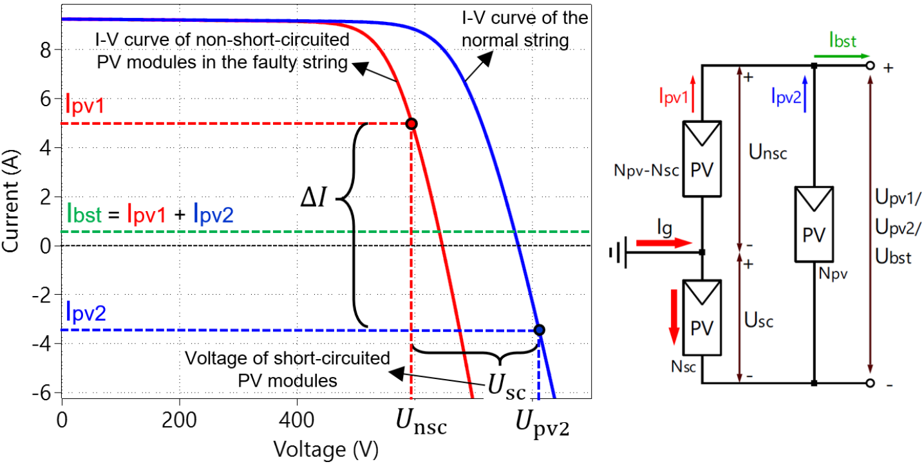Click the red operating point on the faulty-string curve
[x=412, y=124]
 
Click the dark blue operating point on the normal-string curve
[x=540, y=330]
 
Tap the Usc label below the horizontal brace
[x=507, y=387]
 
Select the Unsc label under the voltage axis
[x=421, y=425]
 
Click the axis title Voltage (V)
[x=325, y=447]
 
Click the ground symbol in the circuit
[x=618, y=253]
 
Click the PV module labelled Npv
[x=815, y=224]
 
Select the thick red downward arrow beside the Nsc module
[x=674, y=315]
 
